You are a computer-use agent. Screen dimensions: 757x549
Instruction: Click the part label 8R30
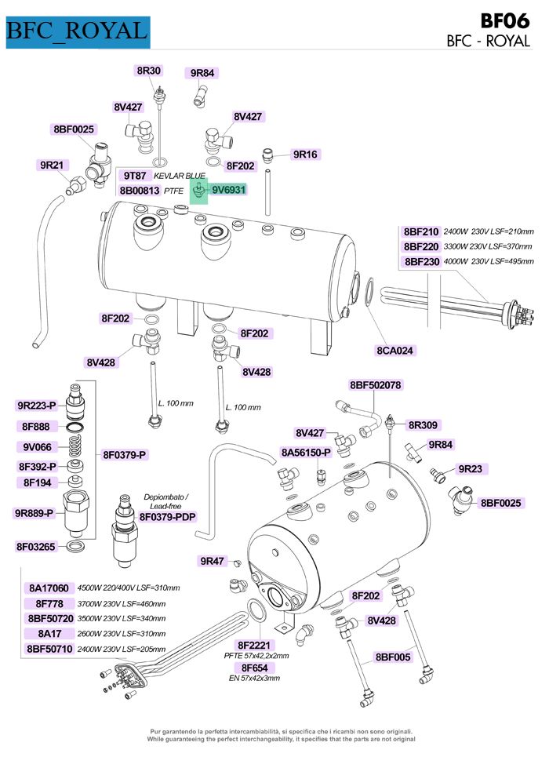tap(148, 71)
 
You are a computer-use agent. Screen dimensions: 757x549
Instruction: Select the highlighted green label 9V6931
tap(229, 189)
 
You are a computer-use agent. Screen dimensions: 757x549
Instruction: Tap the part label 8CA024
tap(394, 350)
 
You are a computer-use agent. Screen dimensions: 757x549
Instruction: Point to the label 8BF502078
tap(376, 385)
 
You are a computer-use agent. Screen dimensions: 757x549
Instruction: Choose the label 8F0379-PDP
tap(168, 517)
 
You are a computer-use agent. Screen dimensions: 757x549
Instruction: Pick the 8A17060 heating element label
tap(49, 588)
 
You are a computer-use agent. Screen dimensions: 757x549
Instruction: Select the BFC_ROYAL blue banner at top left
tap(77, 31)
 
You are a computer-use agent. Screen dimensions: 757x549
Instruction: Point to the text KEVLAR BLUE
tap(180, 176)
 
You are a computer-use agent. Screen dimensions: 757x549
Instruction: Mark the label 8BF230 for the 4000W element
tap(421, 261)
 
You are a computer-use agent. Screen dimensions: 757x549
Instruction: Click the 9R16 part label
tap(304, 155)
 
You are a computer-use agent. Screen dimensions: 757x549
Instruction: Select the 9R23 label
tap(470, 469)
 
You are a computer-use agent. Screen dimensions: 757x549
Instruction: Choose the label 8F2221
tap(253, 644)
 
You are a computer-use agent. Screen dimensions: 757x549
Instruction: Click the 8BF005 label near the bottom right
tap(393, 657)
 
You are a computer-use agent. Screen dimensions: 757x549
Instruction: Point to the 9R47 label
tap(212, 561)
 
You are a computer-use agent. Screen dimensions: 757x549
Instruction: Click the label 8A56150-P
tap(306, 453)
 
